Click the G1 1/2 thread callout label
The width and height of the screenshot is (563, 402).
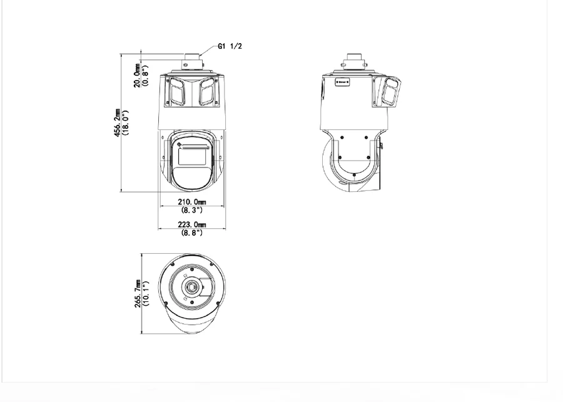(230, 46)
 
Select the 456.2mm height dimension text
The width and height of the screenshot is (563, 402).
(117, 123)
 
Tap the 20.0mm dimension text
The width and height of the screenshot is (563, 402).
(137, 76)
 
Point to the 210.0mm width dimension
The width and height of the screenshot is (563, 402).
(192, 202)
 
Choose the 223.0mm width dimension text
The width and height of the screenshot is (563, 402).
(192, 224)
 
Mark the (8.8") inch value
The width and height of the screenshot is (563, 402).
(192, 233)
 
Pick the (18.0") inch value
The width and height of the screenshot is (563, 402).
(125, 123)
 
